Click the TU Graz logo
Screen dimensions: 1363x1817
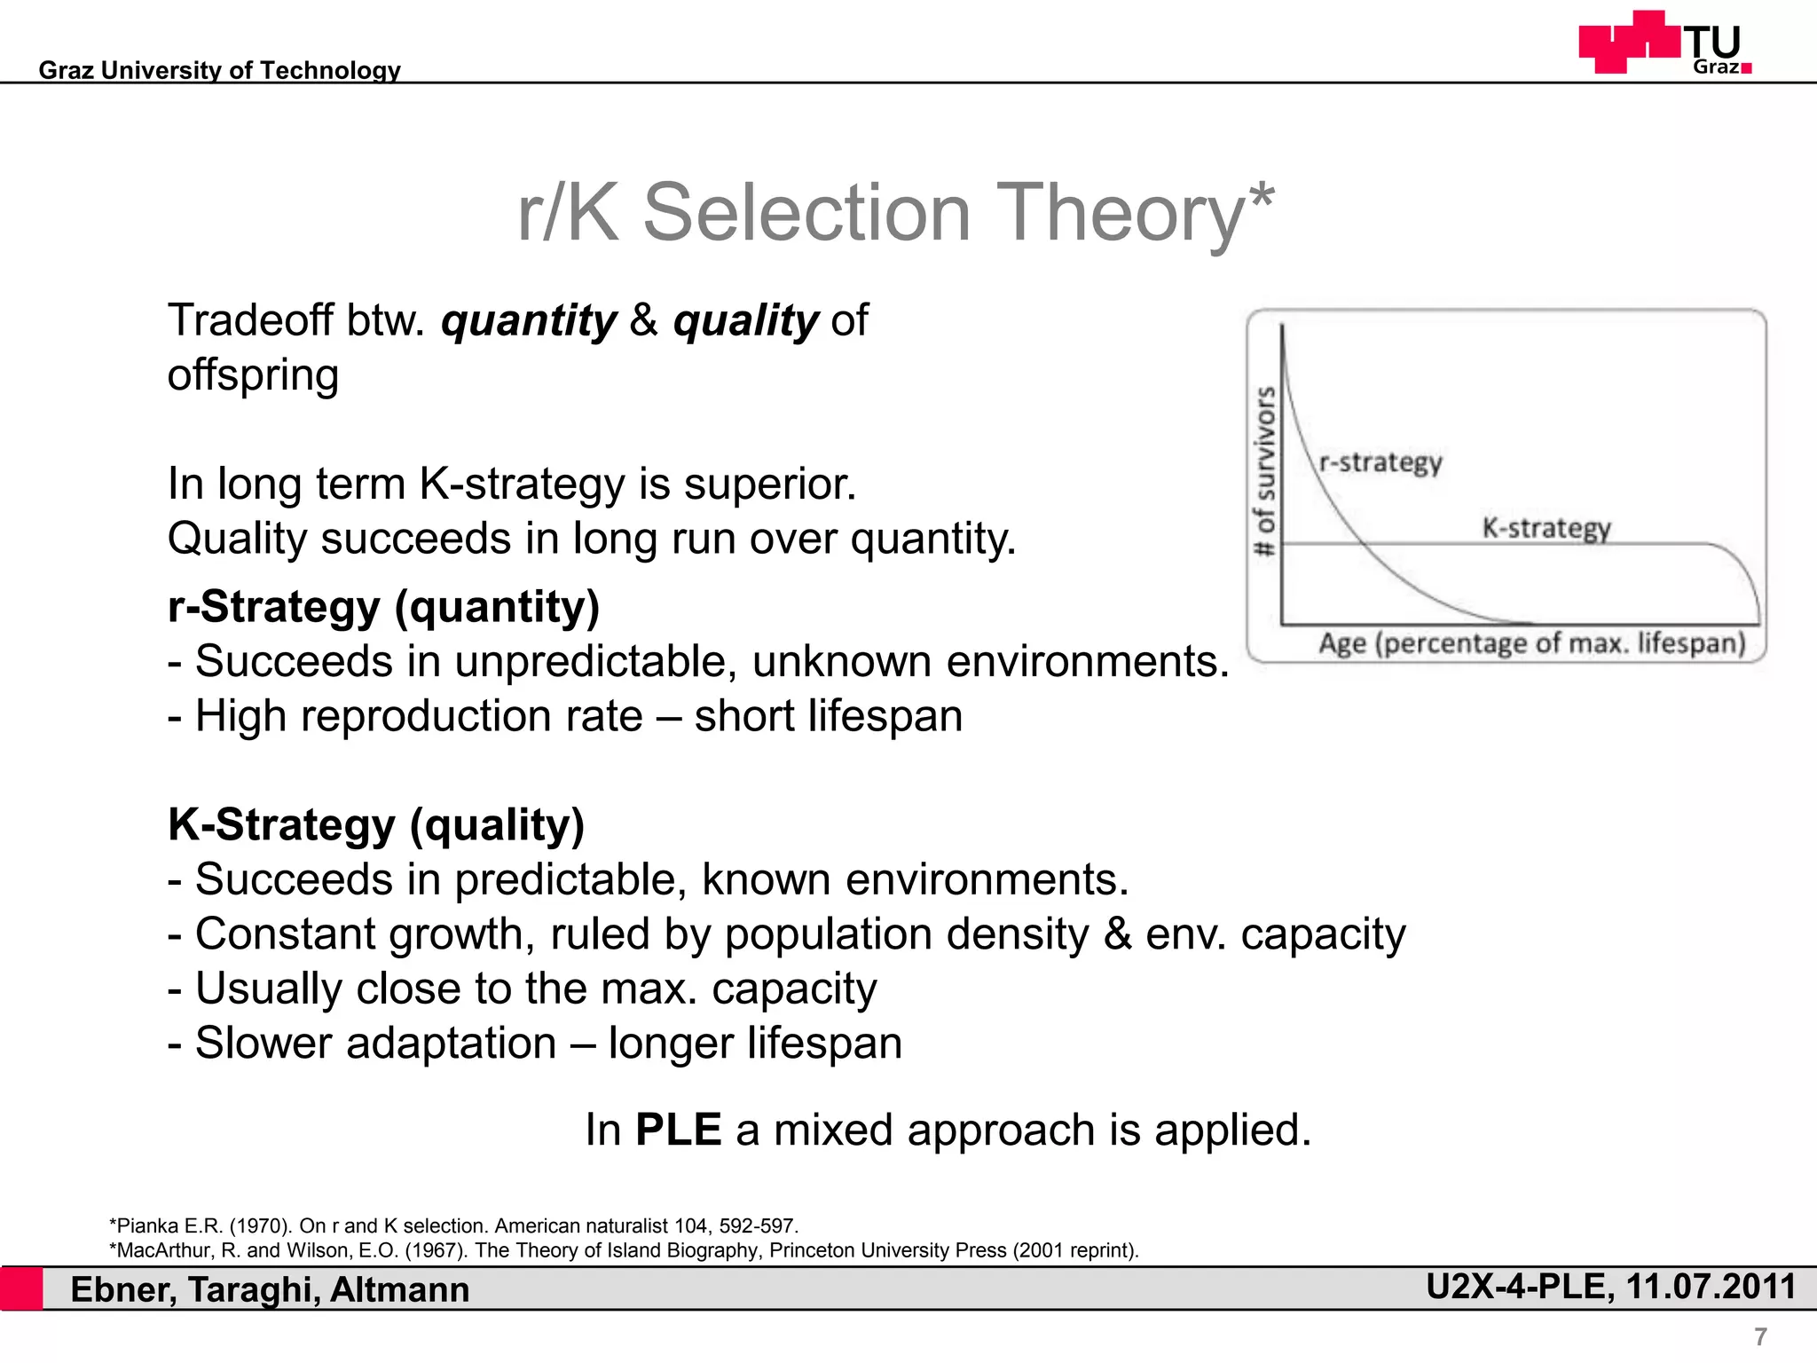click(1664, 43)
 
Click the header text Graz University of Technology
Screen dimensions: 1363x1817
click(219, 70)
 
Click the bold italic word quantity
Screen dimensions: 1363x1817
click(529, 320)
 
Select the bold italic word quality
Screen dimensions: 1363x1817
click(745, 320)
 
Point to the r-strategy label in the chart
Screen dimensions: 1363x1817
click(1380, 462)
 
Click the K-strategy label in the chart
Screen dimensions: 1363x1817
click(1546, 528)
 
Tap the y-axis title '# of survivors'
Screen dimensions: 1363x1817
click(1264, 471)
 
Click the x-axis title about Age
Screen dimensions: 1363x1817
click(1530, 642)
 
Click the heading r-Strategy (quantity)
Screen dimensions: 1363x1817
click(383, 607)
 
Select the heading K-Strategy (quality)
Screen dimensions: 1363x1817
click(376, 824)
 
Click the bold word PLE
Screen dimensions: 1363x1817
click(678, 1130)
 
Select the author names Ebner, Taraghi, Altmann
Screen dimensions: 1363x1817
click(270, 1289)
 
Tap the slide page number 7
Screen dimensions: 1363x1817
click(1760, 1336)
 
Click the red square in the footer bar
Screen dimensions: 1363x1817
click(21, 1288)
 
